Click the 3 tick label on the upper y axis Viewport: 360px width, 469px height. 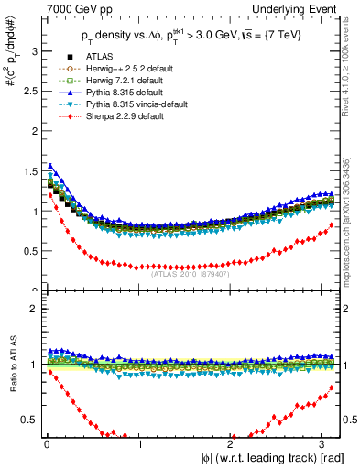[x=33, y=51]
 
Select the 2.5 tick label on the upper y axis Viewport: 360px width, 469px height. [x=29, y=92]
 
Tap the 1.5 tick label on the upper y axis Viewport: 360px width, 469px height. [x=29, y=171]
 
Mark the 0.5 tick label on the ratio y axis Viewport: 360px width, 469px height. [x=29, y=420]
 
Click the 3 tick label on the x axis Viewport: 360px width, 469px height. [x=325, y=444]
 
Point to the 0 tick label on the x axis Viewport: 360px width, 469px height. [x=47, y=444]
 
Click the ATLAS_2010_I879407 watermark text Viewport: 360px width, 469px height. [x=191, y=272]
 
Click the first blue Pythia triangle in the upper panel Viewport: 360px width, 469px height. [x=49, y=166]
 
